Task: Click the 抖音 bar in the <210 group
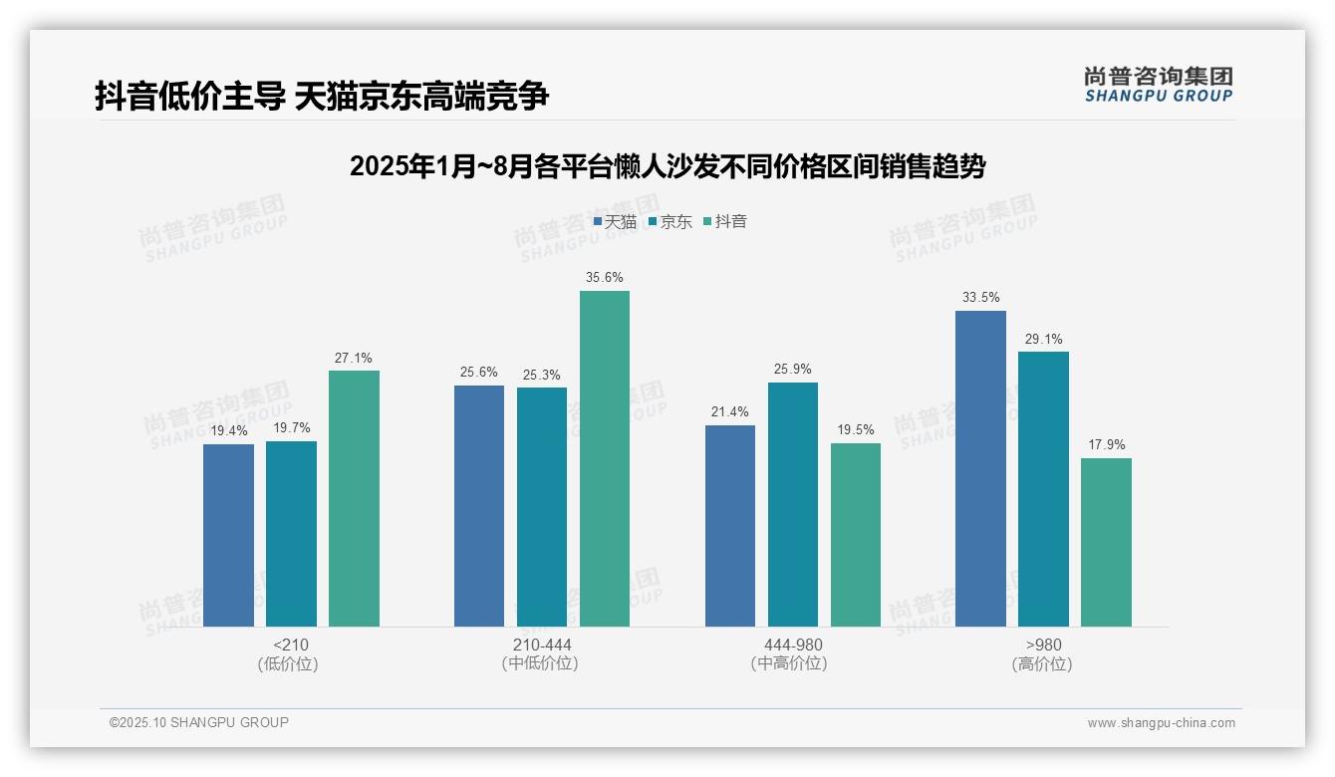click(354, 498)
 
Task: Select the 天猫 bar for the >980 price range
click(980, 468)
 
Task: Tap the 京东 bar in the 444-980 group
click(793, 504)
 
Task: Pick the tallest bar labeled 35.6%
click(605, 458)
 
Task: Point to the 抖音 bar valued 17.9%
click(1106, 542)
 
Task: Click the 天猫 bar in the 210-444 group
click(479, 505)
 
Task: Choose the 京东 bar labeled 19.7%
click(291, 533)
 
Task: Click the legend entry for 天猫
click(615, 222)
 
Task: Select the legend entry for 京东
click(670, 222)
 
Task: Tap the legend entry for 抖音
click(726, 222)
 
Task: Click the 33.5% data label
click(981, 298)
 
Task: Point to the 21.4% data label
click(730, 412)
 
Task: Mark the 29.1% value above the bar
click(1043, 340)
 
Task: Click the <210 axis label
click(291, 645)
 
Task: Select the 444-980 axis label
click(793, 645)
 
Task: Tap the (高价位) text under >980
click(1042, 664)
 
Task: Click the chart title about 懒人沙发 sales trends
click(667, 166)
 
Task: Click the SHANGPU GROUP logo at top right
click(1159, 85)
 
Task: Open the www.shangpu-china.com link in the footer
click(1161, 723)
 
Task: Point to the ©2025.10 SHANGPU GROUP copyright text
click(199, 722)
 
